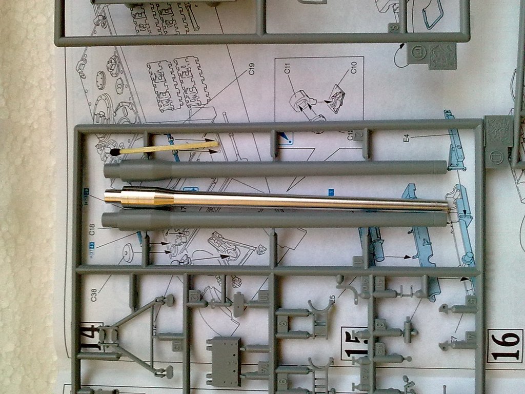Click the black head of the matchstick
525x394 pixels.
point(115,152)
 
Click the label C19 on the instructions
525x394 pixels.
point(252,68)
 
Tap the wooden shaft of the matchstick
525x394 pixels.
point(169,148)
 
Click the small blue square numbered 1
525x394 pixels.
point(331,192)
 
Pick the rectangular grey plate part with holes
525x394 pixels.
point(224,354)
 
